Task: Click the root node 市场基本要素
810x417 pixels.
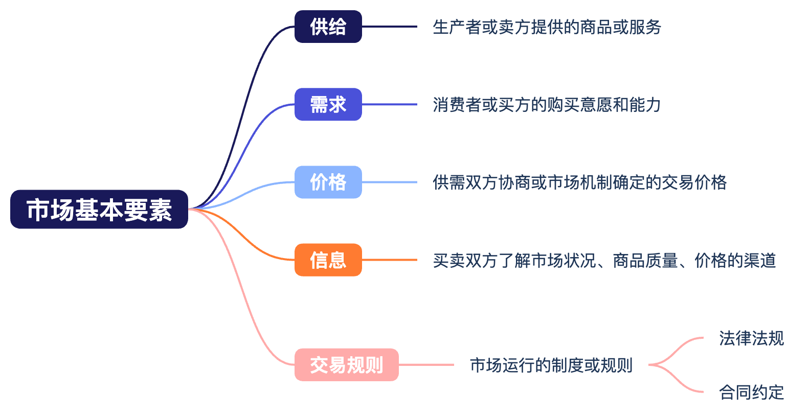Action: (99, 210)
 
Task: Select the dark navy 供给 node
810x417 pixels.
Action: (328, 27)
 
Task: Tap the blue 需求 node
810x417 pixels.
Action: (328, 105)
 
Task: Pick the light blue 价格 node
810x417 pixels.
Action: (328, 182)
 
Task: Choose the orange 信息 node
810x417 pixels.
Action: (328, 260)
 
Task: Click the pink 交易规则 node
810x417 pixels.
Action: (346, 365)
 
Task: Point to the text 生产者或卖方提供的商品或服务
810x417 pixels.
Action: (547, 27)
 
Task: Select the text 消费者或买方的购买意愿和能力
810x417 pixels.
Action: (547, 105)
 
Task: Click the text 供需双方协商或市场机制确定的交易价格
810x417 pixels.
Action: (579, 182)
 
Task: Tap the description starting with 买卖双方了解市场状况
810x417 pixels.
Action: (604, 261)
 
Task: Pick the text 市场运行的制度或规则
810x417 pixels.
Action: (551, 365)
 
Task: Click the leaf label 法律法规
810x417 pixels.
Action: (751, 338)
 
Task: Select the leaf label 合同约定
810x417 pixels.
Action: (751, 392)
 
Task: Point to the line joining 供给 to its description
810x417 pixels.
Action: (389, 27)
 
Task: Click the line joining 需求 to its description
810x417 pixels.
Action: (389, 105)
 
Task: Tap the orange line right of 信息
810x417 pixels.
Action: (389, 260)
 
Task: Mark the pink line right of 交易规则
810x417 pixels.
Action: (426, 365)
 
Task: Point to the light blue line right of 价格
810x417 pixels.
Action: (389, 182)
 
